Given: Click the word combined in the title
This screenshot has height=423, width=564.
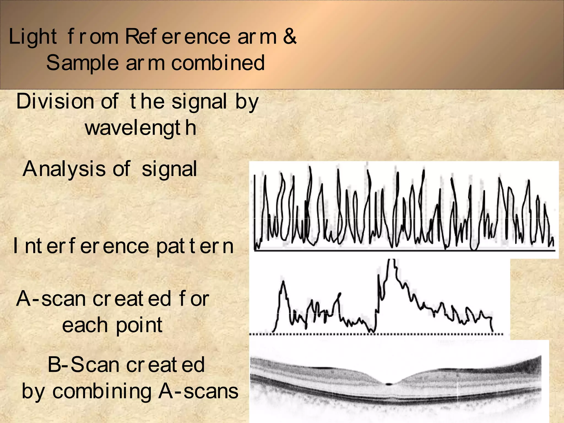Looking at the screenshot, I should pyautogui.click(x=218, y=63).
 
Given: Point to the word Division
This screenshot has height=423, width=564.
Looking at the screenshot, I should pyautogui.click(x=55, y=101).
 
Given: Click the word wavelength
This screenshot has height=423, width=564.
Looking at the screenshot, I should pyautogui.click(x=141, y=128).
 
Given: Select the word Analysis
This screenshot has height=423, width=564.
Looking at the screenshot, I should pyautogui.click(x=64, y=169).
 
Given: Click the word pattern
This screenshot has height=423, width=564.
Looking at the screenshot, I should pyautogui.click(x=195, y=246).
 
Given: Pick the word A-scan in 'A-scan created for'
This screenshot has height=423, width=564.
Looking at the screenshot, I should pyautogui.click(x=51, y=299).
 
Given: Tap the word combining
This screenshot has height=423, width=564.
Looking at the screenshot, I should pyautogui.click(x=102, y=391).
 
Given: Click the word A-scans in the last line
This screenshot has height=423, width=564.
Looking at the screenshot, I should pyautogui.click(x=198, y=391).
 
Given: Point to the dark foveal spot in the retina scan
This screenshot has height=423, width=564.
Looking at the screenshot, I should pyautogui.click(x=389, y=384).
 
